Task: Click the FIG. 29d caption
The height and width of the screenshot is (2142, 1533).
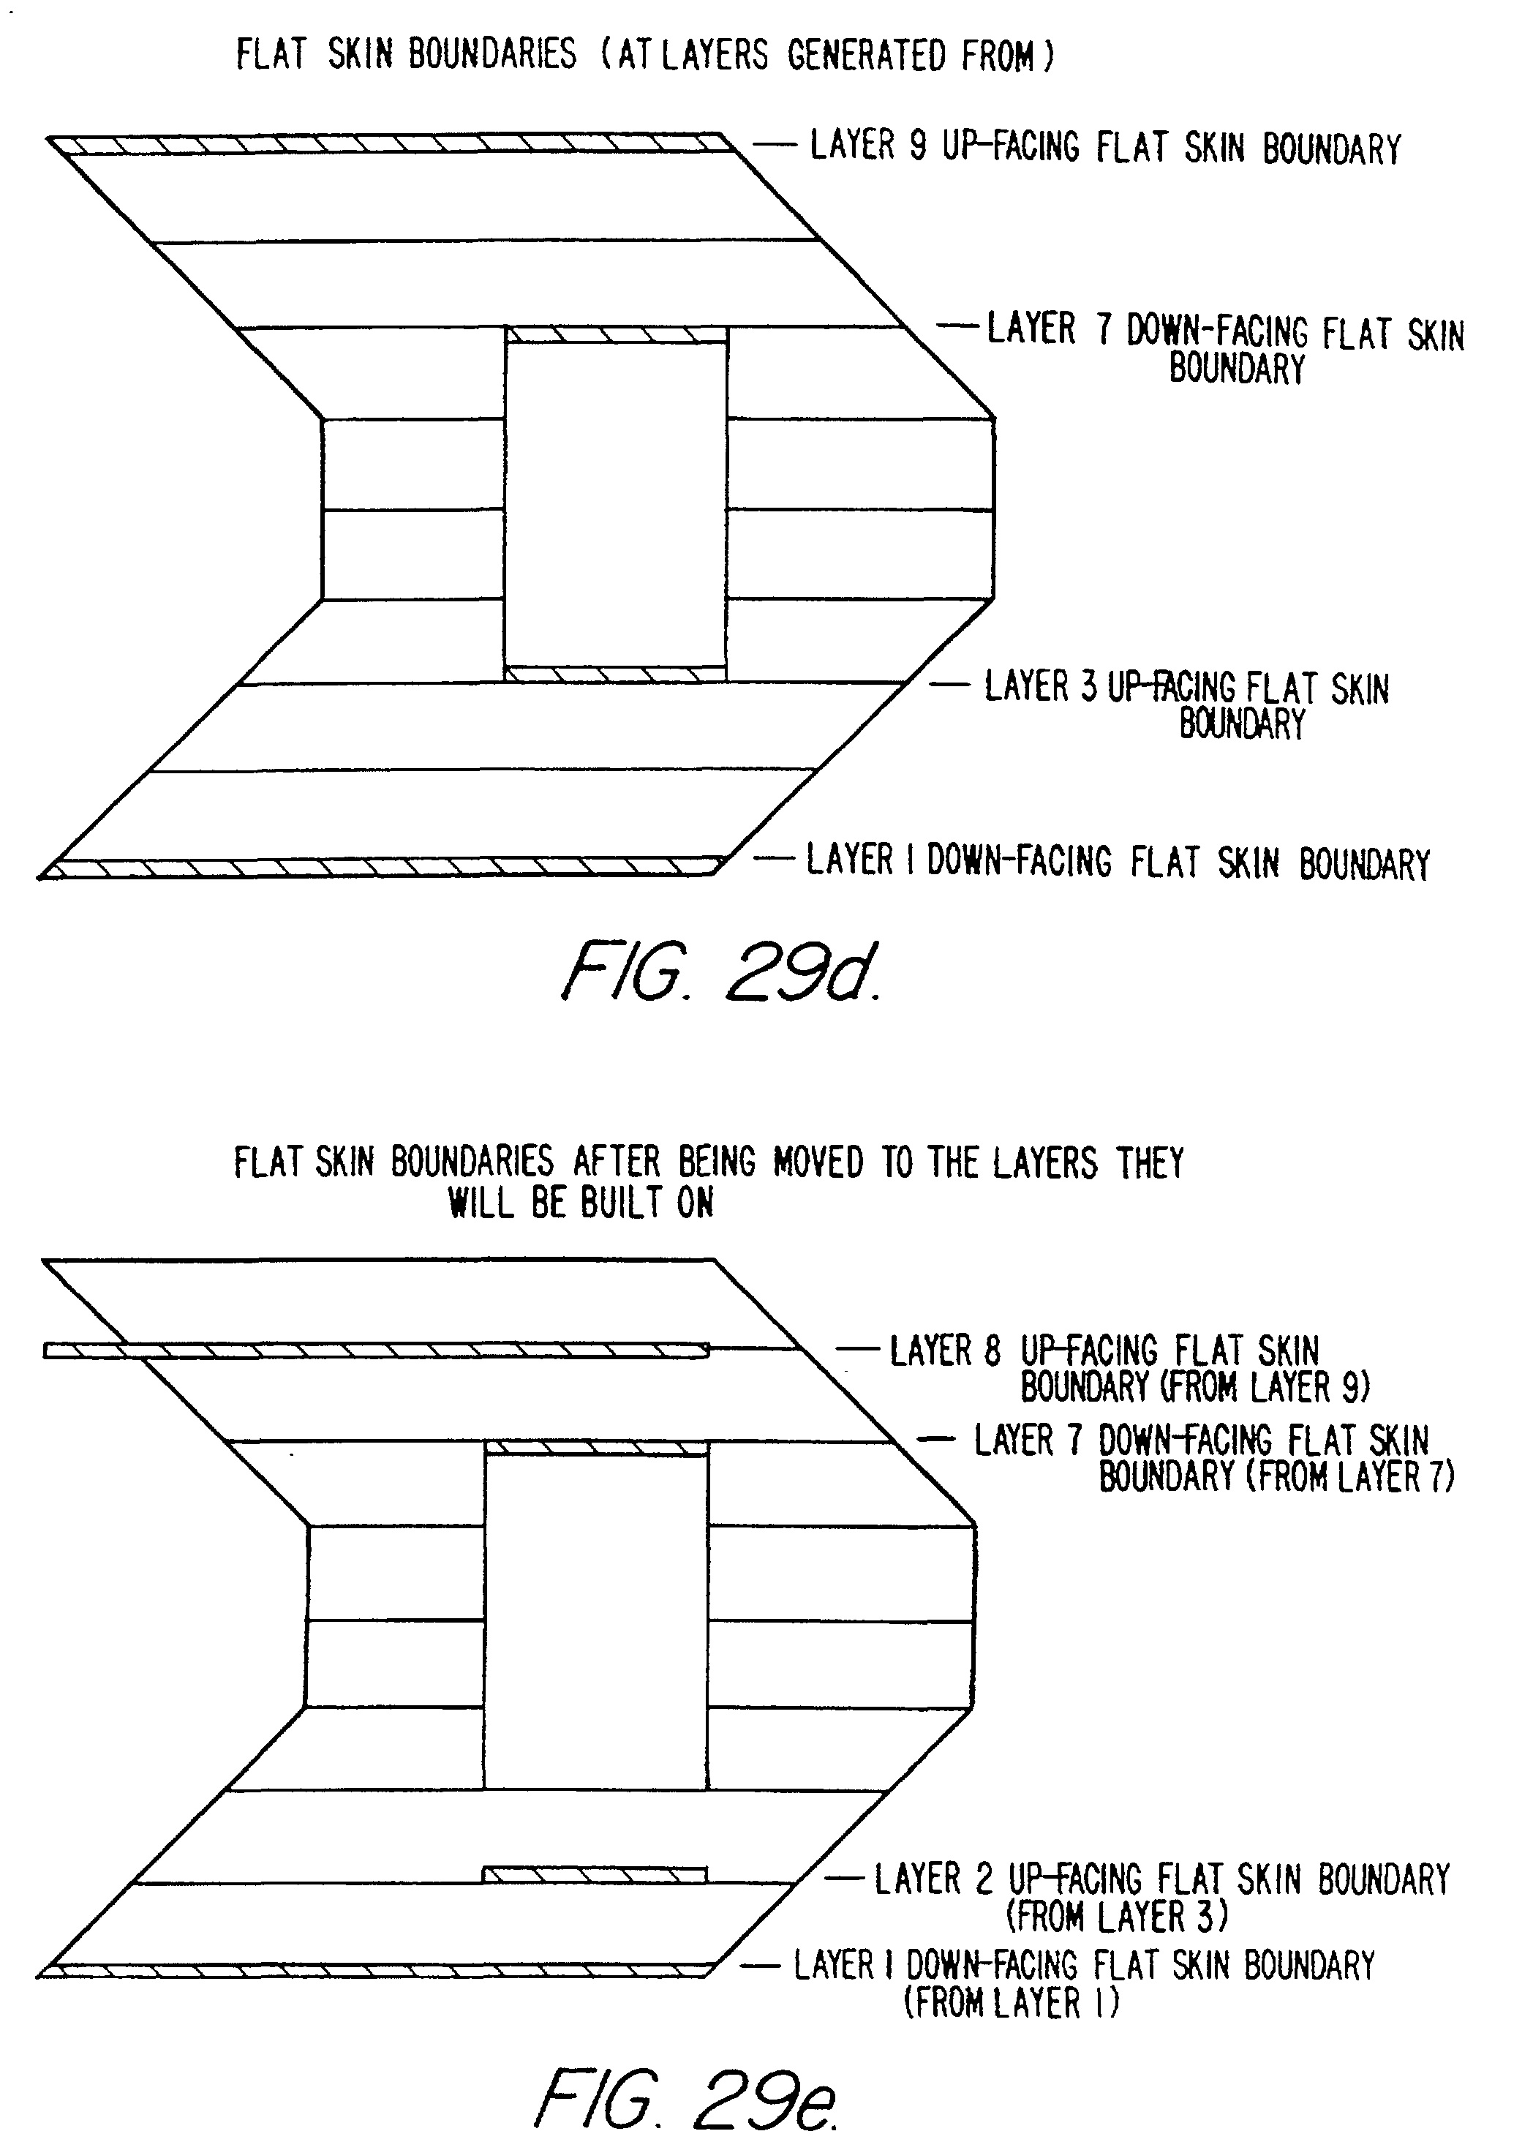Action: coord(722,972)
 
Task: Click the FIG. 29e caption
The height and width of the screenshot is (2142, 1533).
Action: coord(686,2097)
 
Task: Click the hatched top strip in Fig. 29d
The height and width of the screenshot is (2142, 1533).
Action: coord(392,144)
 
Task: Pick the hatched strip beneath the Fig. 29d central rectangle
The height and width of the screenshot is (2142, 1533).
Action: coord(615,674)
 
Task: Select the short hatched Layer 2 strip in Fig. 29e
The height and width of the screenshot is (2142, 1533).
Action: coord(595,1874)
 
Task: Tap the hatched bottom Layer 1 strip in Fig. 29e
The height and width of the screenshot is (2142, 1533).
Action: coord(377,1969)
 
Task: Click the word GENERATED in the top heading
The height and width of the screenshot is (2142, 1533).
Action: coord(866,55)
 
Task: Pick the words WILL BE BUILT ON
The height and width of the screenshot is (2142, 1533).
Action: coord(581,1202)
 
